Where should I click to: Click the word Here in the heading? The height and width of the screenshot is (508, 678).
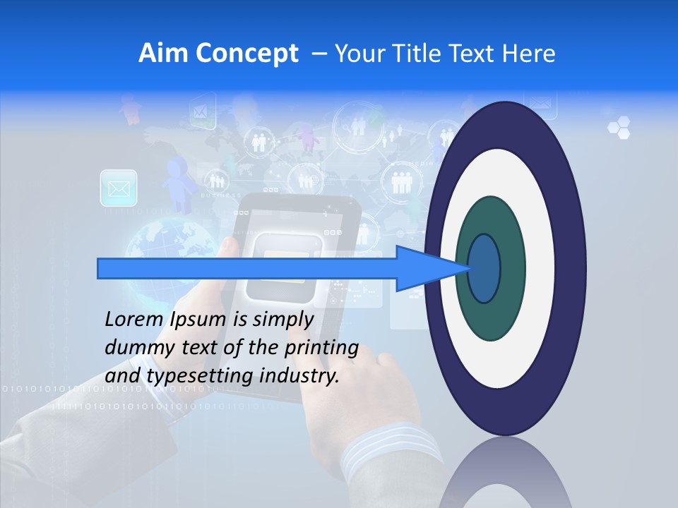point(529,54)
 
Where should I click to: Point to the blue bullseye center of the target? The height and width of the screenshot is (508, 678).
point(484,268)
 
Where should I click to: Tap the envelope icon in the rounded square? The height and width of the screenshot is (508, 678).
point(119,188)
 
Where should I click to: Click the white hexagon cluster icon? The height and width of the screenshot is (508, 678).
point(619,128)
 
